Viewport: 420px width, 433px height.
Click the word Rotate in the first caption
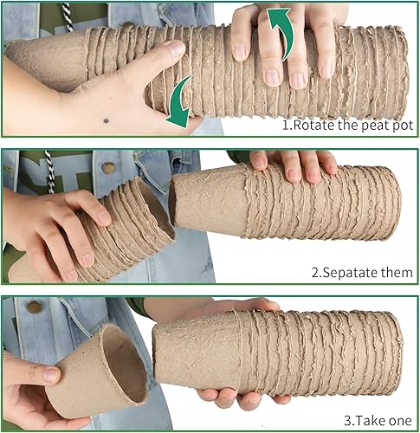[x=316, y=126]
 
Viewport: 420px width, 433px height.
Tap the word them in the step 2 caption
[x=395, y=273]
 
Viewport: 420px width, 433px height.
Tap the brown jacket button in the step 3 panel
[x=35, y=307]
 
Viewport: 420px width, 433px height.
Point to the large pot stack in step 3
[x=277, y=351]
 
